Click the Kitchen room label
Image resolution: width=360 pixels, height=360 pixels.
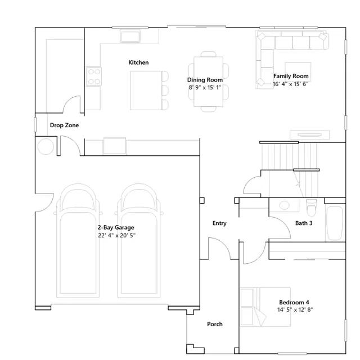pos(138,62)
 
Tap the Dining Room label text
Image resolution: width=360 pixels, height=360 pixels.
pos(205,80)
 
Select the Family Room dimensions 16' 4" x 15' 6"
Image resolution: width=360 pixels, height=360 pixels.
pos(291,84)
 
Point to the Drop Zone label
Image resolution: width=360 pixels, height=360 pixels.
pos(64,125)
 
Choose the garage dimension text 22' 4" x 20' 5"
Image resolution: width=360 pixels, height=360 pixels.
pos(116,236)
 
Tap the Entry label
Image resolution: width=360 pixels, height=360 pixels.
pos(219,223)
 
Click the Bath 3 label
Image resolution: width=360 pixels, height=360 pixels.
pos(304,223)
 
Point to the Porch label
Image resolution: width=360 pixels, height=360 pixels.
pos(215,324)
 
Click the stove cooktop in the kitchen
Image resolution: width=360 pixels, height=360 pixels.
pos(93,76)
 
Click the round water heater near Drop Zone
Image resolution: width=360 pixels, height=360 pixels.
pos(46,147)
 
